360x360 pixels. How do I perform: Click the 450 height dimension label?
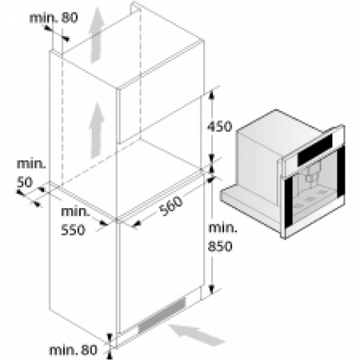click(x=220, y=126)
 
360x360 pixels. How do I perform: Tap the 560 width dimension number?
click(x=171, y=206)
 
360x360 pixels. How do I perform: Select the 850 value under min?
click(x=220, y=246)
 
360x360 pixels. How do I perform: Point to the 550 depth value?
click(x=73, y=230)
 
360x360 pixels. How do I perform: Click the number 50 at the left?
click(x=25, y=182)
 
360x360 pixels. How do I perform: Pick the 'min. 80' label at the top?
click(x=54, y=18)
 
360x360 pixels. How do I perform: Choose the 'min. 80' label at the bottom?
click(x=74, y=350)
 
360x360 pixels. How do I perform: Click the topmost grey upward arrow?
click(x=96, y=34)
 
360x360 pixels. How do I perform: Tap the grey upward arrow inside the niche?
click(x=97, y=130)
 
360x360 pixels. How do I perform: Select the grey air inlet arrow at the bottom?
click(x=197, y=334)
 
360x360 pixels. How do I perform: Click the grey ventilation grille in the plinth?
click(x=162, y=315)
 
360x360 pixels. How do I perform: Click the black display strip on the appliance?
click(x=315, y=150)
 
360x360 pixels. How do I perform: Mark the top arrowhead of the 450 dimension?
click(x=211, y=94)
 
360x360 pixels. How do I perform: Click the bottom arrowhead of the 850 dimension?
click(x=211, y=290)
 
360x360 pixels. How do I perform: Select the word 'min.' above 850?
click(x=222, y=228)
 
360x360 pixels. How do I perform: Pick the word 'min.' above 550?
click(x=76, y=212)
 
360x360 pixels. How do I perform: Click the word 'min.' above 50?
click(x=31, y=164)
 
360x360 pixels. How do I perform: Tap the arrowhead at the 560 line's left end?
click(x=137, y=224)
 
